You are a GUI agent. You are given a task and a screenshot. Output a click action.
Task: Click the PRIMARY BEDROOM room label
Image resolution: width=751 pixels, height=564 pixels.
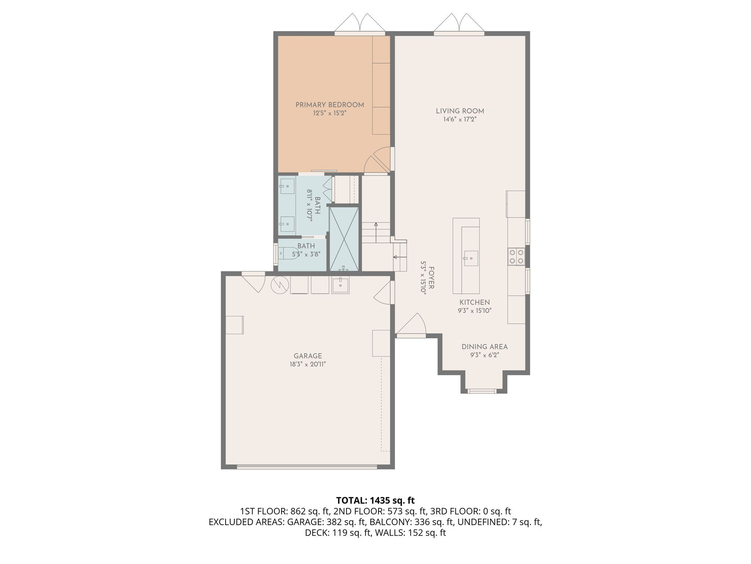(x=330, y=105)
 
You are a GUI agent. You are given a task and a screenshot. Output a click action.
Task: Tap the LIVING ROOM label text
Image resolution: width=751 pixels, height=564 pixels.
(x=460, y=111)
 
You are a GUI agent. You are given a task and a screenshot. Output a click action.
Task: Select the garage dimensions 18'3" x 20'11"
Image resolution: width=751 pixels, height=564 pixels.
(x=307, y=364)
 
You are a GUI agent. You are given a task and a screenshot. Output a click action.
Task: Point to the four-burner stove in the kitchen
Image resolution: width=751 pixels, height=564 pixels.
(x=516, y=257)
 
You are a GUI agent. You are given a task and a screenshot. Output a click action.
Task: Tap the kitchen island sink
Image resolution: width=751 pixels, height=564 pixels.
(x=471, y=258)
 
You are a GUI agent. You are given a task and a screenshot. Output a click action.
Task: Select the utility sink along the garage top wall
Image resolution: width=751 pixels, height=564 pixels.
(x=340, y=285)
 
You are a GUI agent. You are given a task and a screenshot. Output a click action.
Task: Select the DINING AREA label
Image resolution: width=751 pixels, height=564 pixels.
(x=484, y=347)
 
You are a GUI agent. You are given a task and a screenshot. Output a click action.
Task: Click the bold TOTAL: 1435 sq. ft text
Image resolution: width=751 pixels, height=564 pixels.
(x=375, y=500)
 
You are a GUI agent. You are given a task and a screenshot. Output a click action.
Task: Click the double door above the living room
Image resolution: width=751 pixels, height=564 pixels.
(x=459, y=24)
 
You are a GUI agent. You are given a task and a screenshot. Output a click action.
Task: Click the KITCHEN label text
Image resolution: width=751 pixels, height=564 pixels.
(x=475, y=302)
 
